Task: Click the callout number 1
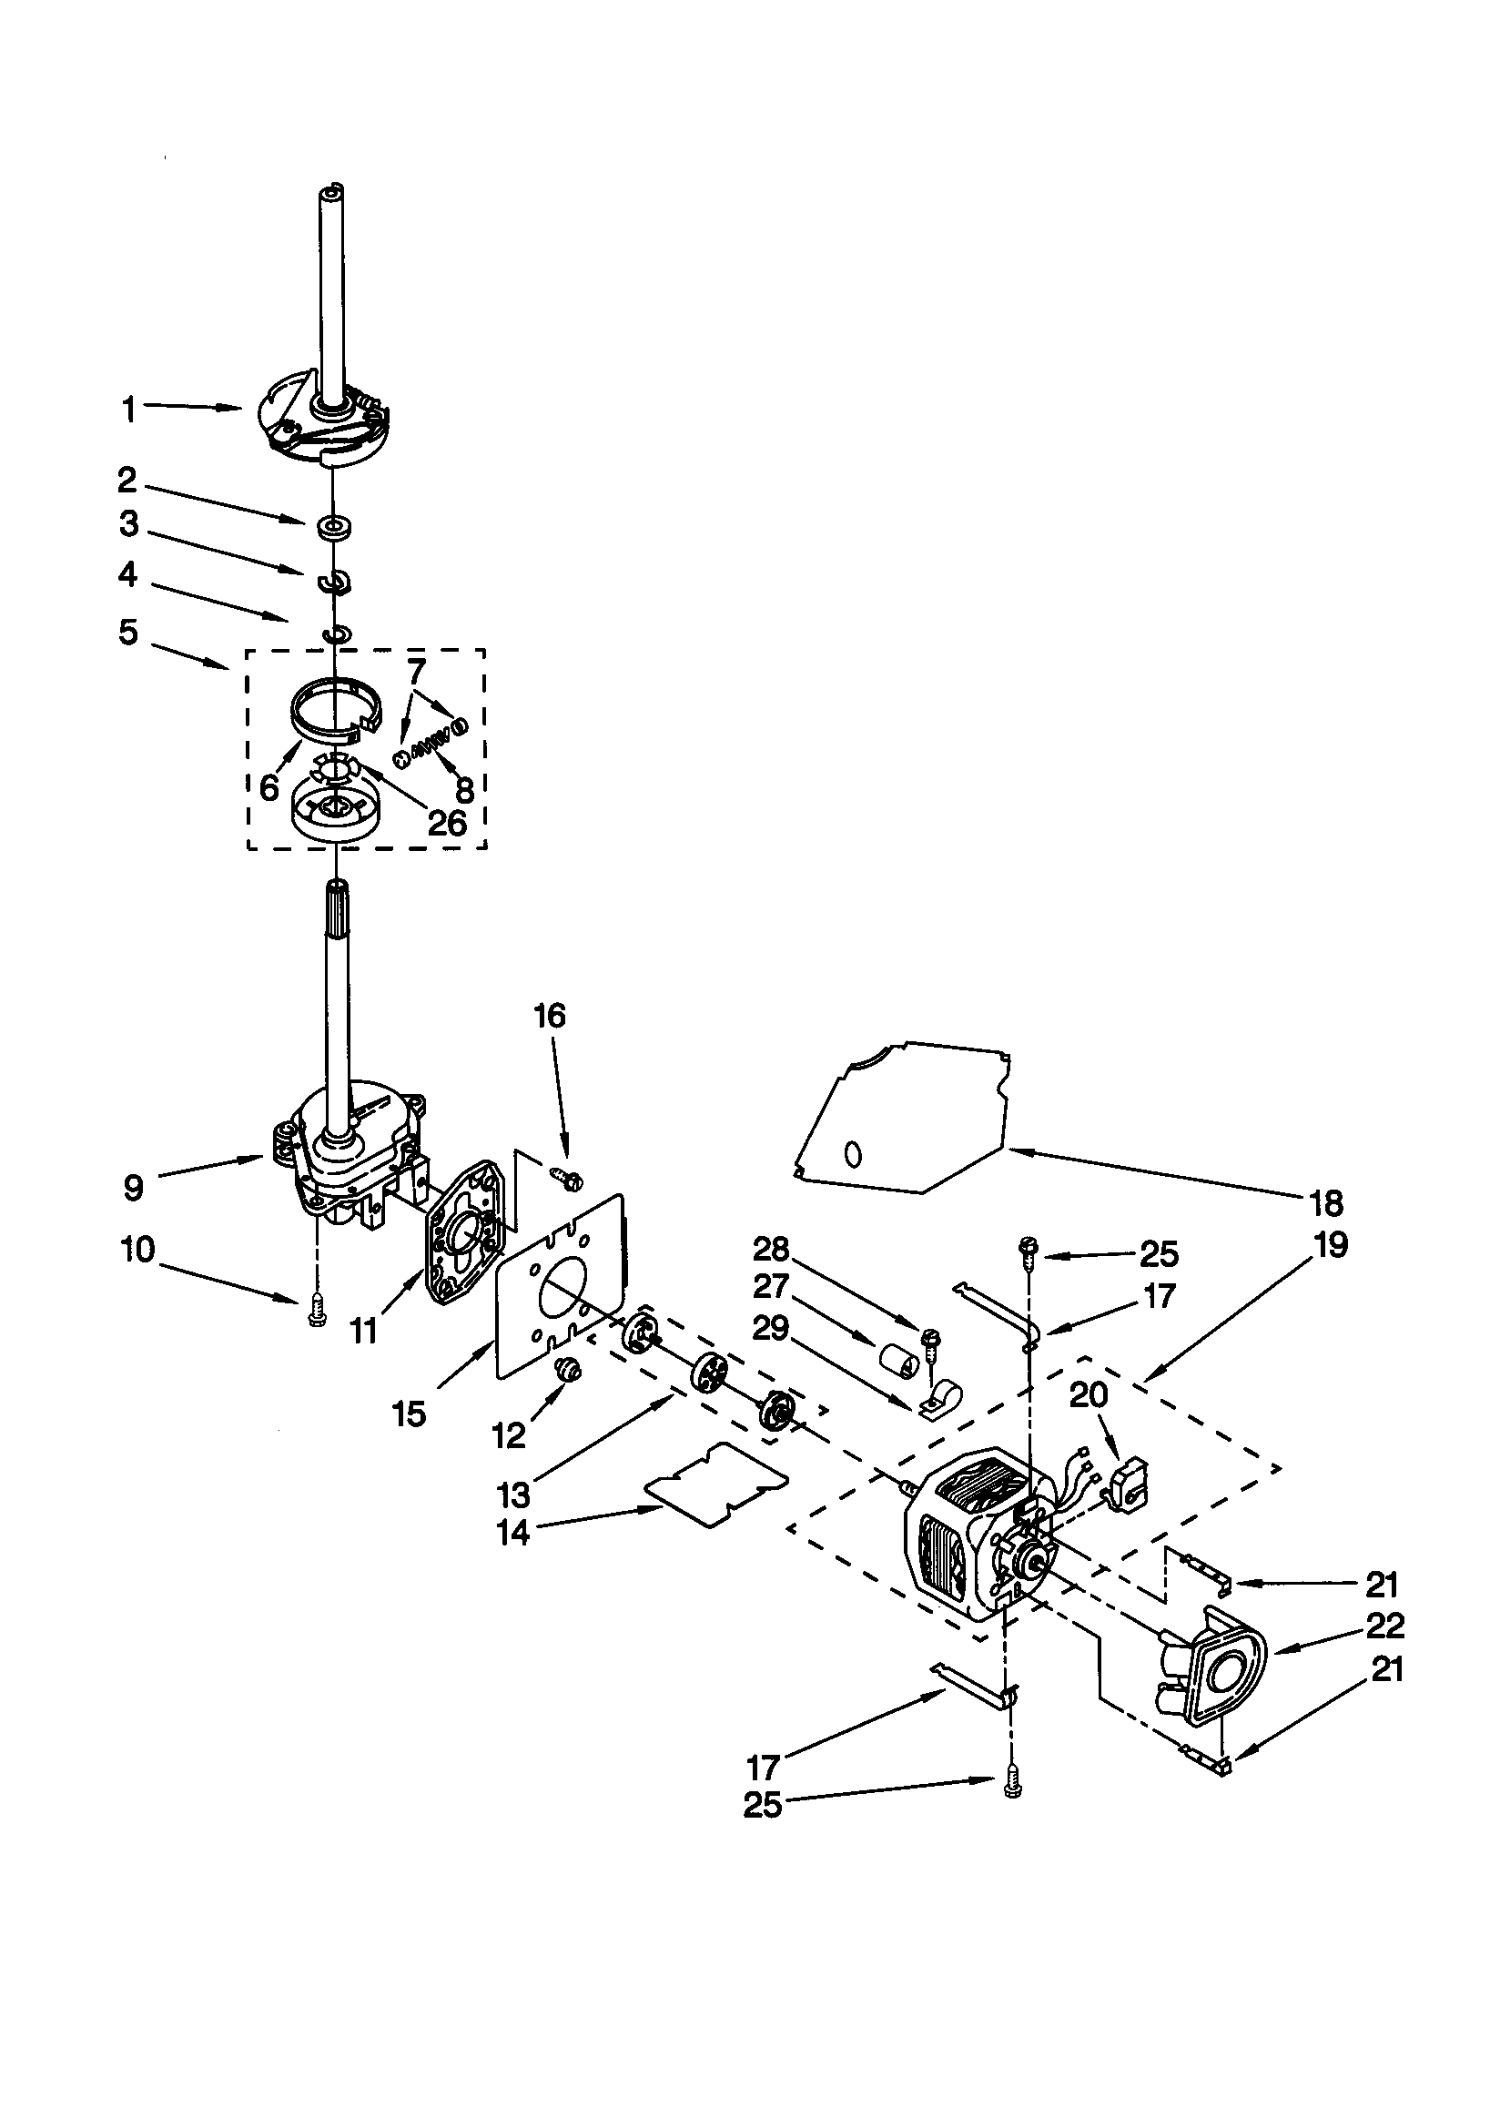(129, 409)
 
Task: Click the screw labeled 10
(314, 1317)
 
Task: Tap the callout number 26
(447, 822)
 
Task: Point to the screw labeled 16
(566, 1177)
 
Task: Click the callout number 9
(134, 1188)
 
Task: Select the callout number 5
(128, 633)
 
